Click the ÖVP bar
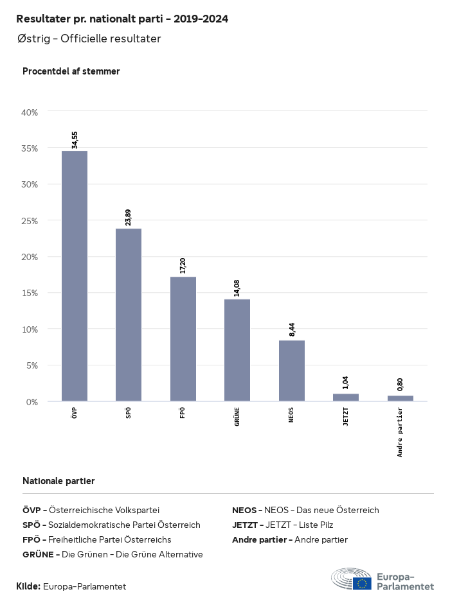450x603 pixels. pyautogui.click(x=75, y=276)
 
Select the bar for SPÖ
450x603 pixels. pyautogui.click(x=129, y=315)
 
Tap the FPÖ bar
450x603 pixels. pyautogui.click(x=183, y=339)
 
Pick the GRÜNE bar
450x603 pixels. pyautogui.click(x=237, y=350)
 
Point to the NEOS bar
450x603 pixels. pyautogui.click(x=291, y=371)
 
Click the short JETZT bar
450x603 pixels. pyautogui.click(x=346, y=398)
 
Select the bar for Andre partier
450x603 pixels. pyautogui.click(x=400, y=398)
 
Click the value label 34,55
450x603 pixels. pyautogui.click(x=75, y=140)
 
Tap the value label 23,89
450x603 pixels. pyautogui.click(x=129, y=218)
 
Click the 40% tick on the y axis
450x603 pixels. pyautogui.click(x=30, y=112)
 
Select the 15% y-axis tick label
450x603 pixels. pyautogui.click(x=30, y=293)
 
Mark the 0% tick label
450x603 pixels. pyautogui.click(x=32, y=401)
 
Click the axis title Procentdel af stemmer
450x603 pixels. pyautogui.click(x=71, y=71)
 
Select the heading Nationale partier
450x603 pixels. pyautogui.click(x=59, y=481)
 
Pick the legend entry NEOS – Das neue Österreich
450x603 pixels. pyautogui.click(x=305, y=510)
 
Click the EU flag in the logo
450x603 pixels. pyautogui.click(x=361, y=582)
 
